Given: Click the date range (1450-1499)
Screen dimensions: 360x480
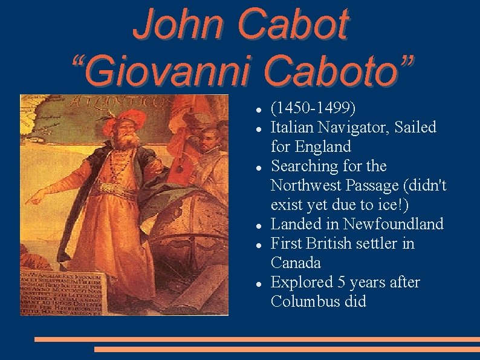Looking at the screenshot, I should point(313,108).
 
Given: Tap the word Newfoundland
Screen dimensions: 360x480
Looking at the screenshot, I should point(393,224).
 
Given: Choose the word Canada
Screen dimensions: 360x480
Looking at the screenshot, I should point(296,263).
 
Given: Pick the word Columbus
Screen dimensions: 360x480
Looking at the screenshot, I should point(301,302).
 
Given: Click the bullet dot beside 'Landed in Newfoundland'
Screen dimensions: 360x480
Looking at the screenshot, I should point(258,225).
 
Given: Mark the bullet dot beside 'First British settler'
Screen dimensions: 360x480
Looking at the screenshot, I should point(258,244).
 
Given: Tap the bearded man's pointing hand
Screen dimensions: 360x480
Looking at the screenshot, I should point(36,197).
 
